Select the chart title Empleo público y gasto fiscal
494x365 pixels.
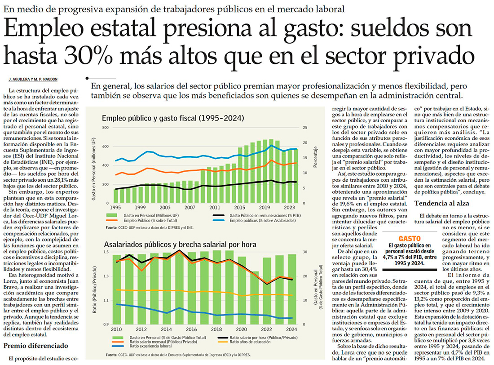173,119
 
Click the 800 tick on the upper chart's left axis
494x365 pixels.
106,128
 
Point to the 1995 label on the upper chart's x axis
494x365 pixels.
115,208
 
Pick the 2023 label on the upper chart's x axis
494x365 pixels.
289,208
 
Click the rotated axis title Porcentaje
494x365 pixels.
316,157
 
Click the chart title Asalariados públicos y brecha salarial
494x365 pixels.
180,245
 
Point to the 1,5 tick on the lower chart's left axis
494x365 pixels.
106,252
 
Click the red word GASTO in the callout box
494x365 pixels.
409,238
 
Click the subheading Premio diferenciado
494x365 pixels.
35,346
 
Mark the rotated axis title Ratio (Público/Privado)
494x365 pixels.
95,288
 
